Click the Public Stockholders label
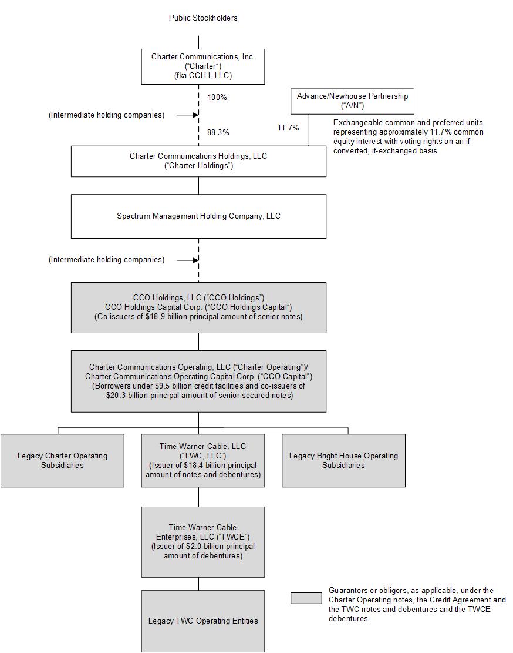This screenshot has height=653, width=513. pos(203,18)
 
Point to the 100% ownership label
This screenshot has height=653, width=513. pos(217,97)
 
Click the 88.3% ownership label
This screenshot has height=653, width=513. pos(218,133)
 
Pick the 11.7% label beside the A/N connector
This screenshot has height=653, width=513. pos(288,128)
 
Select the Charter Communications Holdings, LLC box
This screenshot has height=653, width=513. pos(198,161)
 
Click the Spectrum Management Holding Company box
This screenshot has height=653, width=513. pos(198,216)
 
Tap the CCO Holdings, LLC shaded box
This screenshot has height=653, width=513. pos(198,307)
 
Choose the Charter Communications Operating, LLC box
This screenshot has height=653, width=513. pos(198,381)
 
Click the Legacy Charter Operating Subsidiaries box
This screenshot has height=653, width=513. pos(62,460)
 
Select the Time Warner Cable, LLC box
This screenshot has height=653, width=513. pos(203,460)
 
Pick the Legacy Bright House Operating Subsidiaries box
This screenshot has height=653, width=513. pos(343,460)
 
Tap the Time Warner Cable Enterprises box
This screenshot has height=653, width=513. pos(203,541)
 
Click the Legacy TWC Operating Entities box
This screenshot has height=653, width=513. pos(203,621)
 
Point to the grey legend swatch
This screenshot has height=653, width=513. pos(306,598)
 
